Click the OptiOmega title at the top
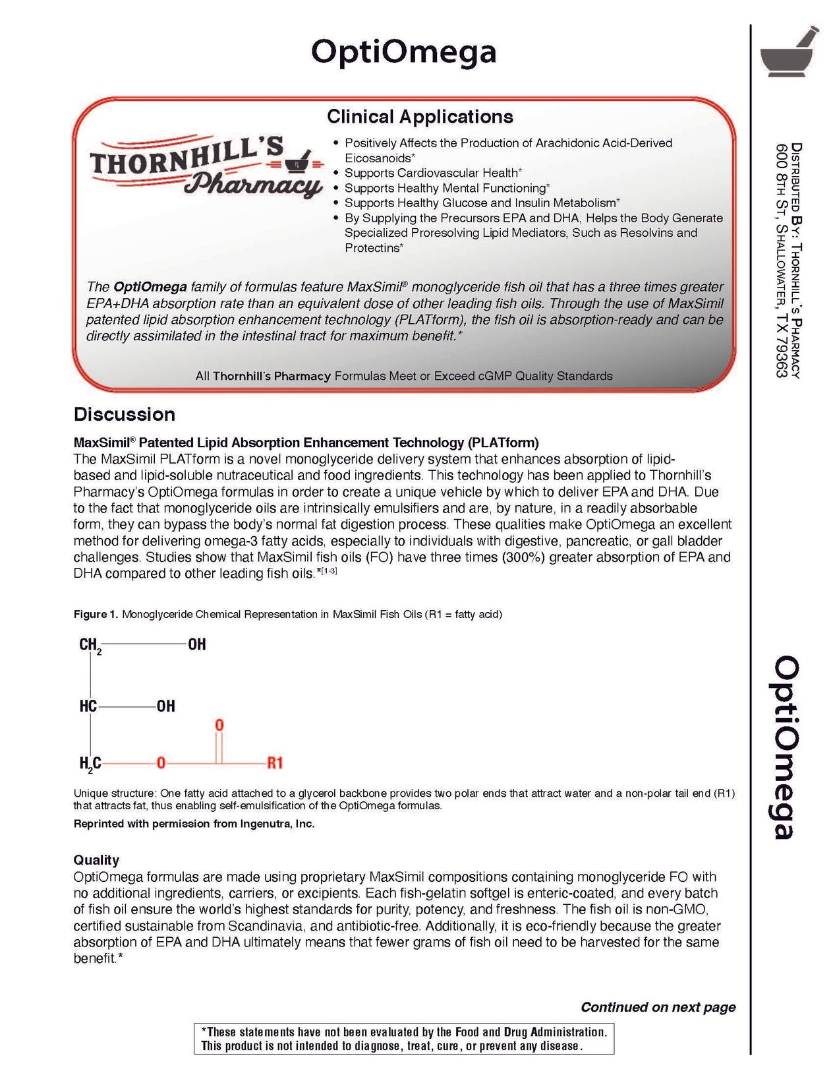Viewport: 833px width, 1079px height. [x=403, y=52]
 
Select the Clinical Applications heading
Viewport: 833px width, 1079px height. [x=420, y=117]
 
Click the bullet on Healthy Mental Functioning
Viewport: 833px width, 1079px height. [x=447, y=188]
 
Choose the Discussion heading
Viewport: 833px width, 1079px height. [x=125, y=414]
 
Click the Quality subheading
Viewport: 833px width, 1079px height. [x=96, y=859]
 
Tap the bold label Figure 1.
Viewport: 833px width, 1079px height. [x=96, y=614]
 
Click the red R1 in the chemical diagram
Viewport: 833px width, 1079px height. [x=275, y=763]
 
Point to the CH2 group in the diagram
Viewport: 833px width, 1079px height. [x=90, y=645]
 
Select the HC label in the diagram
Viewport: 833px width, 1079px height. [x=88, y=706]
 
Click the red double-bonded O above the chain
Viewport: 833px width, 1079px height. [x=219, y=725]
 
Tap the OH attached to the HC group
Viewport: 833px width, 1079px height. [x=165, y=706]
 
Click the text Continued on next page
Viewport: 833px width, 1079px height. [x=658, y=1007]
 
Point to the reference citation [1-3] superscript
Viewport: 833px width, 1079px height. [x=329, y=570]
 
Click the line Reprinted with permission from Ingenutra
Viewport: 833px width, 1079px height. [x=194, y=824]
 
